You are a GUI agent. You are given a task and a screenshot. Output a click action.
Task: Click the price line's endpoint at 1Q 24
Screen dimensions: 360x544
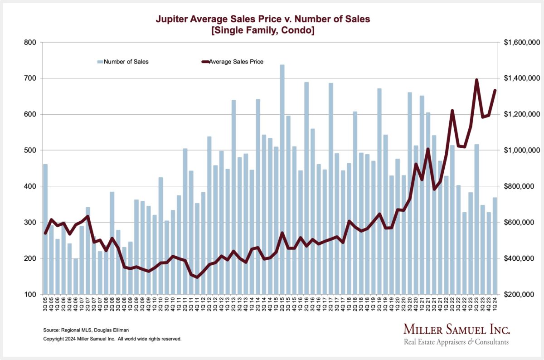pos(495,90)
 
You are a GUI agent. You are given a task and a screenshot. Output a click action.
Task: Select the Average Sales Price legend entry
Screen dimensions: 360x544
pos(240,62)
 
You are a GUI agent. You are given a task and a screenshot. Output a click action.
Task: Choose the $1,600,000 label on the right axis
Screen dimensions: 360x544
pos(521,42)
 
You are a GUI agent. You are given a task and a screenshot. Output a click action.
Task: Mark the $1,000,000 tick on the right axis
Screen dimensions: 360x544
pos(521,150)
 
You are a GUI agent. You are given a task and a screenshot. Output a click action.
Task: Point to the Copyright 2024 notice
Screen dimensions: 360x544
pos(112,339)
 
